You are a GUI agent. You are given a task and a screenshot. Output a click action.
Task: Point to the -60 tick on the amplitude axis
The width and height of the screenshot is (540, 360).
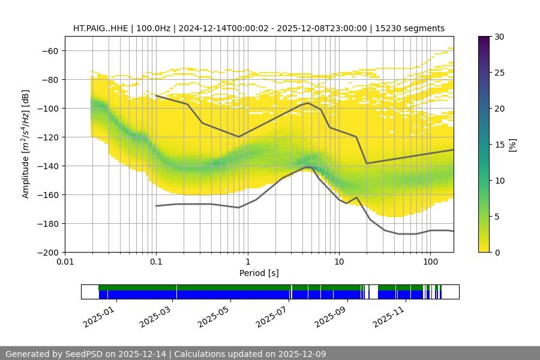[49, 50]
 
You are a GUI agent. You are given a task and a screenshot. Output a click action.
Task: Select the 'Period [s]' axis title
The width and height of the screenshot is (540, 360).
[259, 274]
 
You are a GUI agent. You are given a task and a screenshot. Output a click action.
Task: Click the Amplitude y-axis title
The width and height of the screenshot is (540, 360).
[26, 144]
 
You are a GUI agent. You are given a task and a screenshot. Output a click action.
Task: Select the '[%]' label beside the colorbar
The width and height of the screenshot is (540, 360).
[512, 145]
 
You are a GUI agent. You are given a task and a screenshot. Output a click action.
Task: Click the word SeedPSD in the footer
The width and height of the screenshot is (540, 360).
[84, 354]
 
